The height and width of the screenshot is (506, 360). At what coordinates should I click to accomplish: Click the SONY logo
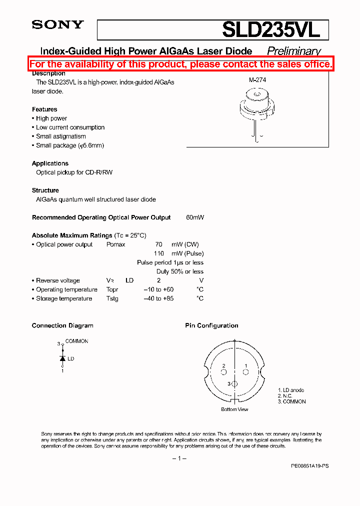click(57, 24)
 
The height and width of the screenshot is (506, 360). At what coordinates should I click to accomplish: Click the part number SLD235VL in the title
click(271, 30)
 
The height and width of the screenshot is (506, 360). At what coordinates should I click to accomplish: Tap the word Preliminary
click(293, 51)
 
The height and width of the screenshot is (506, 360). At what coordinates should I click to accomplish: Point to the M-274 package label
click(257, 79)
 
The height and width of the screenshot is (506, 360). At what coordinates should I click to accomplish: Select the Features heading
click(44, 109)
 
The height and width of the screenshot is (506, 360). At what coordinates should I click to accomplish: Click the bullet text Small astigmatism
click(60, 136)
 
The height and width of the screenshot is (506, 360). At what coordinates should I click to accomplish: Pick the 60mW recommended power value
click(194, 217)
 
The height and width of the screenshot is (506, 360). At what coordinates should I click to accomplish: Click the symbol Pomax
click(116, 244)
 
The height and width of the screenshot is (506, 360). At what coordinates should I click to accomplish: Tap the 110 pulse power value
click(158, 253)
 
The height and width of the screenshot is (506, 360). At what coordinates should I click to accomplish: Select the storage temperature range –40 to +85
click(158, 298)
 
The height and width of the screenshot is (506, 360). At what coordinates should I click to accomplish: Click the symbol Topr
click(112, 289)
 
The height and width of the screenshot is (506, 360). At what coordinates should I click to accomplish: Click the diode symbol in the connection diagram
click(62, 358)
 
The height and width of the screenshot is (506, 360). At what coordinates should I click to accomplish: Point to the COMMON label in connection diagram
click(76, 341)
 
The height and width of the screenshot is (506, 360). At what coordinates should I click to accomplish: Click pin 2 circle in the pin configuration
click(224, 372)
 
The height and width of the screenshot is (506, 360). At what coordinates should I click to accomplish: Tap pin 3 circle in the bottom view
click(234, 383)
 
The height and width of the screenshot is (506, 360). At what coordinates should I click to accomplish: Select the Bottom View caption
click(234, 409)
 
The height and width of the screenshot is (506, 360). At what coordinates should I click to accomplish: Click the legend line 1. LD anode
click(291, 390)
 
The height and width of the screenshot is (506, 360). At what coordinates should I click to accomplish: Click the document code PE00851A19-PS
click(309, 465)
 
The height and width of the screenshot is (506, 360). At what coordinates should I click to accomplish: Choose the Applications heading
click(50, 163)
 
